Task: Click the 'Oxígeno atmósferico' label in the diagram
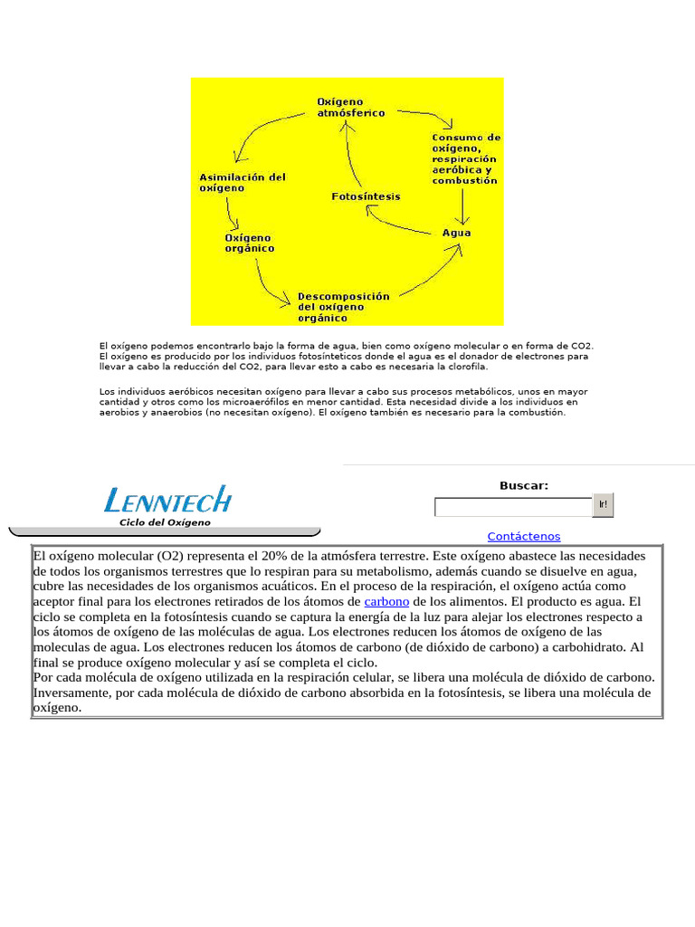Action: pyautogui.click(x=350, y=108)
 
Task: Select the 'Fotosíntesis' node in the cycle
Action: pyautogui.click(x=366, y=196)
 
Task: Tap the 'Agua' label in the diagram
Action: pyautogui.click(x=456, y=233)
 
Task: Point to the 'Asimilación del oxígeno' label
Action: pyautogui.click(x=242, y=183)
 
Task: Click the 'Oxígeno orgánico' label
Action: pyautogui.click(x=249, y=243)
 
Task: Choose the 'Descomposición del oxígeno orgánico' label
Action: pyautogui.click(x=343, y=307)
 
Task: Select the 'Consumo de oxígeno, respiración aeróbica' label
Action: pyautogui.click(x=465, y=158)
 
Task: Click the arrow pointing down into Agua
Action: pyautogui.click(x=463, y=205)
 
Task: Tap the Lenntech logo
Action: pyautogui.click(x=167, y=500)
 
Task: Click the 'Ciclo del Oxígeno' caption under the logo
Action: pyautogui.click(x=165, y=522)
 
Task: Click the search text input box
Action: pyautogui.click(x=513, y=507)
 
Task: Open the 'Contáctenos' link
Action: pyautogui.click(x=523, y=537)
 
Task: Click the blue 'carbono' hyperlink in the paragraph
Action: pyautogui.click(x=386, y=601)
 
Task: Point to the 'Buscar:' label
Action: pyautogui.click(x=524, y=486)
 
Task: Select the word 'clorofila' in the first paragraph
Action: pyautogui.click(x=464, y=367)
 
